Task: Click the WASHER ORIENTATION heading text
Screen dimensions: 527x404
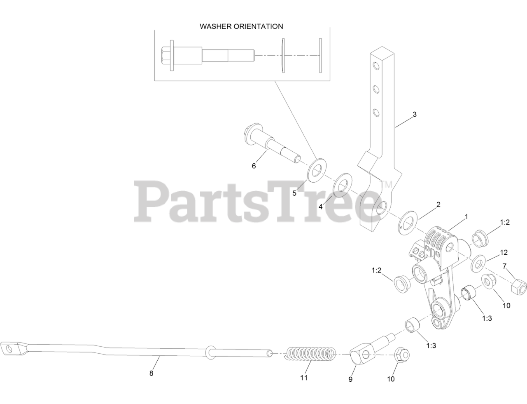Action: tap(241, 26)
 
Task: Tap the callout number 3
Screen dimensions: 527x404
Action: tap(415, 114)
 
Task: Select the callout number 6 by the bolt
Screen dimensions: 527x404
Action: tap(254, 166)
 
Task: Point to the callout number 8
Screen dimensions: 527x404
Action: tap(151, 373)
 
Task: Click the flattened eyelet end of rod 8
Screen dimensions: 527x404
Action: tap(12, 349)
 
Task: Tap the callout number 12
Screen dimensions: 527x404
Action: tap(504, 252)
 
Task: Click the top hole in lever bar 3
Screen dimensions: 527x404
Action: tap(376, 66)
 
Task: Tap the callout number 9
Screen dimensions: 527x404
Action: tap(350, 379)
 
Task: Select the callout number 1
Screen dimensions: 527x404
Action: tap(466, 216)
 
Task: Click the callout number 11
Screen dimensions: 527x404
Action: tap(304, 377)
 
